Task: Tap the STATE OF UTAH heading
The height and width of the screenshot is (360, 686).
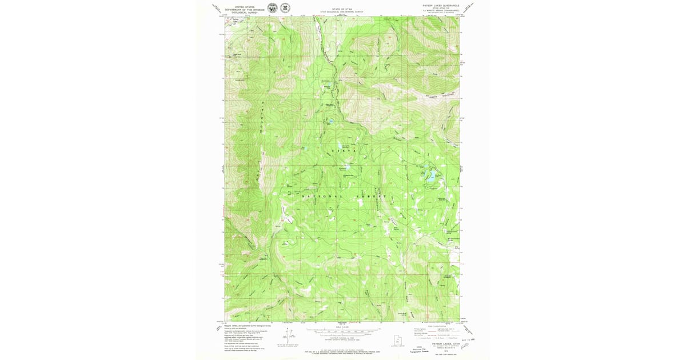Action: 342,9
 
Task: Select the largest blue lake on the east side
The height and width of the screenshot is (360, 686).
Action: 432,174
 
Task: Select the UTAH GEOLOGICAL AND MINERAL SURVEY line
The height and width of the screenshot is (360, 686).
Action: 342,11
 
